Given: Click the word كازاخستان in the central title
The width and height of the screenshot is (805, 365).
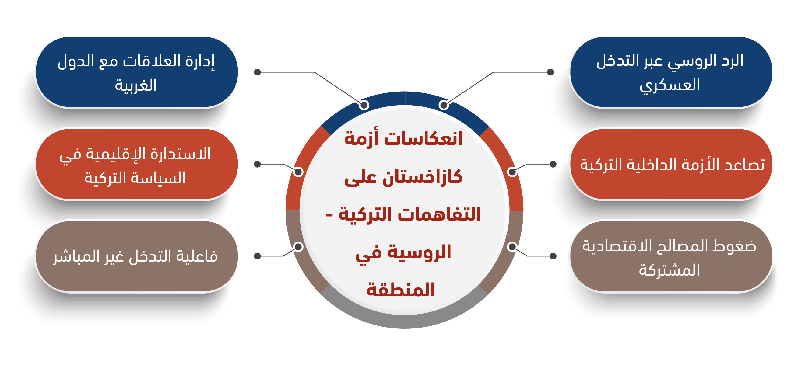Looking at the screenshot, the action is coord(423,177).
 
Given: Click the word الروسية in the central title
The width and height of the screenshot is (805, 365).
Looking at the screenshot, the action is coord(419,252).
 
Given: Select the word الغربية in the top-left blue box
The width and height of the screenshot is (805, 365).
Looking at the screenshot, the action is coord(135,85).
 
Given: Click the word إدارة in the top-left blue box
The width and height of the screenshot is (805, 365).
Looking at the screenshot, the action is coord(200,61).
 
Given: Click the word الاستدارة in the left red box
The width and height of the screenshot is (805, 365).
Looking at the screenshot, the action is coord(181,154).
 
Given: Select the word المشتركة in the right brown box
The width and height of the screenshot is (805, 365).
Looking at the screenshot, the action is coord(669,270).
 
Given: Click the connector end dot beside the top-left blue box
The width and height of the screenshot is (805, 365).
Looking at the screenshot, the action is coord(258,72).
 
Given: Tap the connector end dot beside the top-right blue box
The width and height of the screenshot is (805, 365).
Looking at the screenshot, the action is coord(551,72).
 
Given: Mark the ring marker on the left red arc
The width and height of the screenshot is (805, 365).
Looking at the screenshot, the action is coord(298,172).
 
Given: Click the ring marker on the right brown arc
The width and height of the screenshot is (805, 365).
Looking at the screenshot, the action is coord(512,247).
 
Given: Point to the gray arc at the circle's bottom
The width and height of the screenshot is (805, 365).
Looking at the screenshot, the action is coord(404,322).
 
